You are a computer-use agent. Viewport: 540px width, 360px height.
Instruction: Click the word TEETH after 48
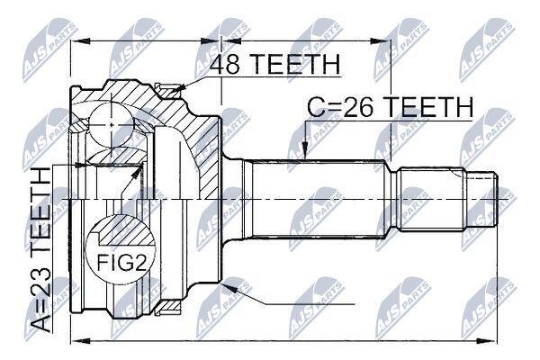point(294,64)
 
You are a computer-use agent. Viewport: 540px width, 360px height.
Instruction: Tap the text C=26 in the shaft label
point(340,107)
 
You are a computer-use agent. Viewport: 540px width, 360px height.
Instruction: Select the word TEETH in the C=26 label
point(428,107)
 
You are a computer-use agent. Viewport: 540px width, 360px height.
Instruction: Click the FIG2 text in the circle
point(121,264)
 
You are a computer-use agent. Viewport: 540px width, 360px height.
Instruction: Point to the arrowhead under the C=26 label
point(305,151)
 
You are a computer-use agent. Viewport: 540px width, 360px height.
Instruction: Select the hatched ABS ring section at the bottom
point(168,307)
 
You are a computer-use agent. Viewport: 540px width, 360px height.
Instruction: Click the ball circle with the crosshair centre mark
point(112,125)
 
